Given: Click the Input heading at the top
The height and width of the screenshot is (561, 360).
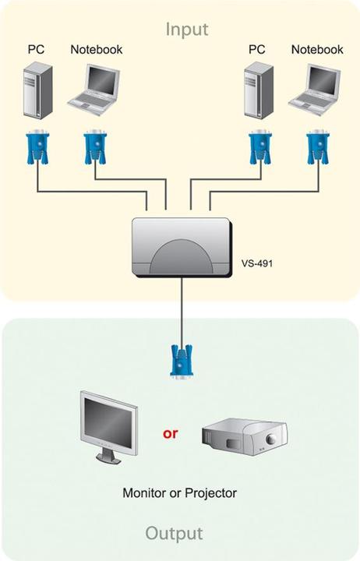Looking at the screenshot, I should point(187,30).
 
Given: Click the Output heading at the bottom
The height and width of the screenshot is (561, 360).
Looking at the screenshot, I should point(174,534).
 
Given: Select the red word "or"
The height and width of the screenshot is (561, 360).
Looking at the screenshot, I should point(171,432).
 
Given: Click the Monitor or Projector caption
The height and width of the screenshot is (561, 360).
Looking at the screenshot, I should point(179,493).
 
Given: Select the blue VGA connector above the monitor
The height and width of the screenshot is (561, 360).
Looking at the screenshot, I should point(181,361).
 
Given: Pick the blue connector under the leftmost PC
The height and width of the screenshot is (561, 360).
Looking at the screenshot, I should point(37,147).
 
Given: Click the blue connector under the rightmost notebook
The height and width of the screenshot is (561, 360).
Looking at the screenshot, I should point(316,147).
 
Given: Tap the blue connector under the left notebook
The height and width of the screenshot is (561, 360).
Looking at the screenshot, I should point(94,147).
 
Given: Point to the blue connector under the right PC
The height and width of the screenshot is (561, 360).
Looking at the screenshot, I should point(258,147).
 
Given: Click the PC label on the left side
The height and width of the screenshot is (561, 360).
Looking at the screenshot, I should point(37,49).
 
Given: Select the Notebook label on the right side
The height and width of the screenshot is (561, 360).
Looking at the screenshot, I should point(316,49).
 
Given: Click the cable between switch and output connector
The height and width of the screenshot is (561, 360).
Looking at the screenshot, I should point(182,312).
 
